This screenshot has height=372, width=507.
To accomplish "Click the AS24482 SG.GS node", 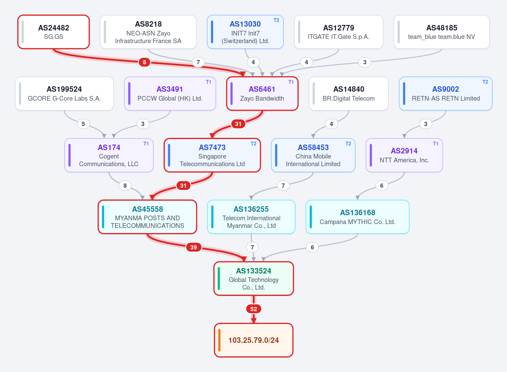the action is click(x=53, y=32).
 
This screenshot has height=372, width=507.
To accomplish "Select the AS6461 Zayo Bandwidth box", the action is click(x=262, y=94).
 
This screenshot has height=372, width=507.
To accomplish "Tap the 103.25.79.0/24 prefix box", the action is click(x=254, y=340).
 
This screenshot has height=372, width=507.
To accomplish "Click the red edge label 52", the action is click(x=254, y=309).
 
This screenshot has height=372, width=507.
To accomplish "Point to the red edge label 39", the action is click(x=193, y=247).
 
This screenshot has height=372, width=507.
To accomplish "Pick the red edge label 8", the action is click(x=144, y=62).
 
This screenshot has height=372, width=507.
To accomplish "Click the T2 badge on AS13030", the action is click(x=277, y=20).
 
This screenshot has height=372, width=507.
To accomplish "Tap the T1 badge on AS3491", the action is click(x=208, y=82).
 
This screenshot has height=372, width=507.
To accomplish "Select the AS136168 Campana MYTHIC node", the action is click(x=357, y=217).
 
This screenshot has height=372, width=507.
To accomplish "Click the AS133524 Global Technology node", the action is click(x=254, y=279).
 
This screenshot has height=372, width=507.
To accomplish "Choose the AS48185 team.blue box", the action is click(x=441, y=32).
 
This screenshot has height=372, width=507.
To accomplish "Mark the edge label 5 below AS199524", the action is click(x=83, y=124).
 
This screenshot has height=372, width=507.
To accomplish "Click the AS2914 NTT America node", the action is click(x=404, y=155).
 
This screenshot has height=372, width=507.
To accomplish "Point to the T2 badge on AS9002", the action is click(x=485, y=82).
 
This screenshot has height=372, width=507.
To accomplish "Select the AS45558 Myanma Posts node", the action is click(x=148, y=217).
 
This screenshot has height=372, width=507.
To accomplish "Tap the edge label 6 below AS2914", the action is click(x=381, y=186).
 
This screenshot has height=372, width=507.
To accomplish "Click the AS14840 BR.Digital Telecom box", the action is click(x=348, y=94).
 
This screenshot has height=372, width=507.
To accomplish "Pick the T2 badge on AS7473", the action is click(x=254, y=144).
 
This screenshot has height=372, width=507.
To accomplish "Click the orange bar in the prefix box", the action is click(x=219, y=340).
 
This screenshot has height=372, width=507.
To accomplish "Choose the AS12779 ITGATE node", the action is click(x=339, y=32).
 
